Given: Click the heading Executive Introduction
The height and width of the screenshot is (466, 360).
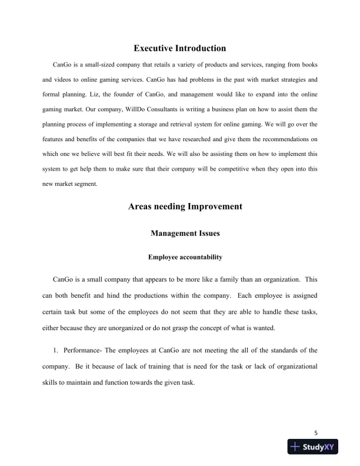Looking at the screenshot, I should (x=180, y=48).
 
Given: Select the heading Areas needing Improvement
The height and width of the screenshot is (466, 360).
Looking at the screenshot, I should (x=180, y=207).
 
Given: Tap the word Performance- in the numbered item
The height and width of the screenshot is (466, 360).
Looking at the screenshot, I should (x=81, y=350).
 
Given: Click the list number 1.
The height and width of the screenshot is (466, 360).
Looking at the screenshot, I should (x=55, y=350).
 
